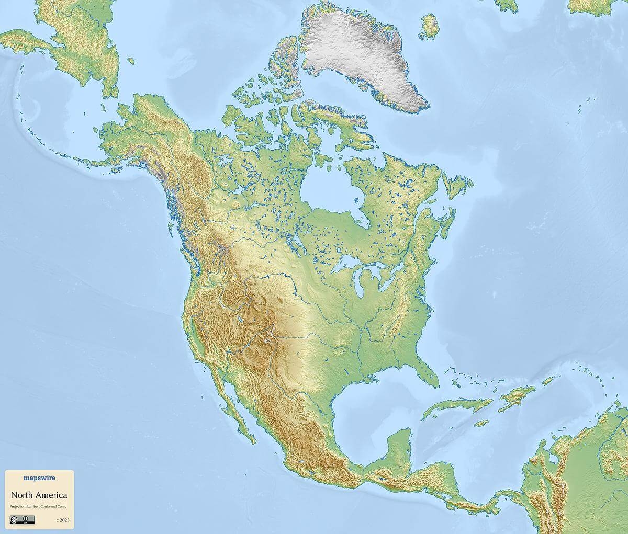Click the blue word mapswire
[39, 477]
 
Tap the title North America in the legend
[39, 495]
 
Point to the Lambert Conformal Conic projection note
[39, 507]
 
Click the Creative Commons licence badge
[22, 519]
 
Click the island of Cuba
[461, 405]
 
